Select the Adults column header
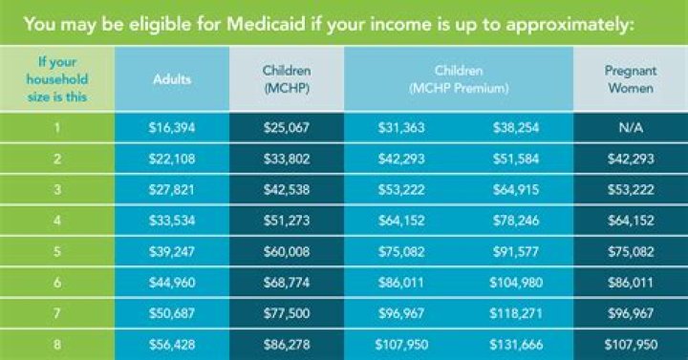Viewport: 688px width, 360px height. tap(171, 80)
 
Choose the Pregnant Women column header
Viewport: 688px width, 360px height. tap(630, 79)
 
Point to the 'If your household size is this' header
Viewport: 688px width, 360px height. tap(56, 79)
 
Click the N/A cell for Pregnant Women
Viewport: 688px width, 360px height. tap(630, 128)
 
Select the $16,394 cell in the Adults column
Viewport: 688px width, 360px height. tap(171, 128)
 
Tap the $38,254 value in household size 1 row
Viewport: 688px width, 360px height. tap(516, 128)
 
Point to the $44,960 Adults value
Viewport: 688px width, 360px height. tap(171, 284)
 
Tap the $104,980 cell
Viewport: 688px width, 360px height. tap(516, 284)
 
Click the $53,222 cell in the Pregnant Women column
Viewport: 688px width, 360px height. tap(630, 191)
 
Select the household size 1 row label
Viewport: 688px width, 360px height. tap(56, 128)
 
